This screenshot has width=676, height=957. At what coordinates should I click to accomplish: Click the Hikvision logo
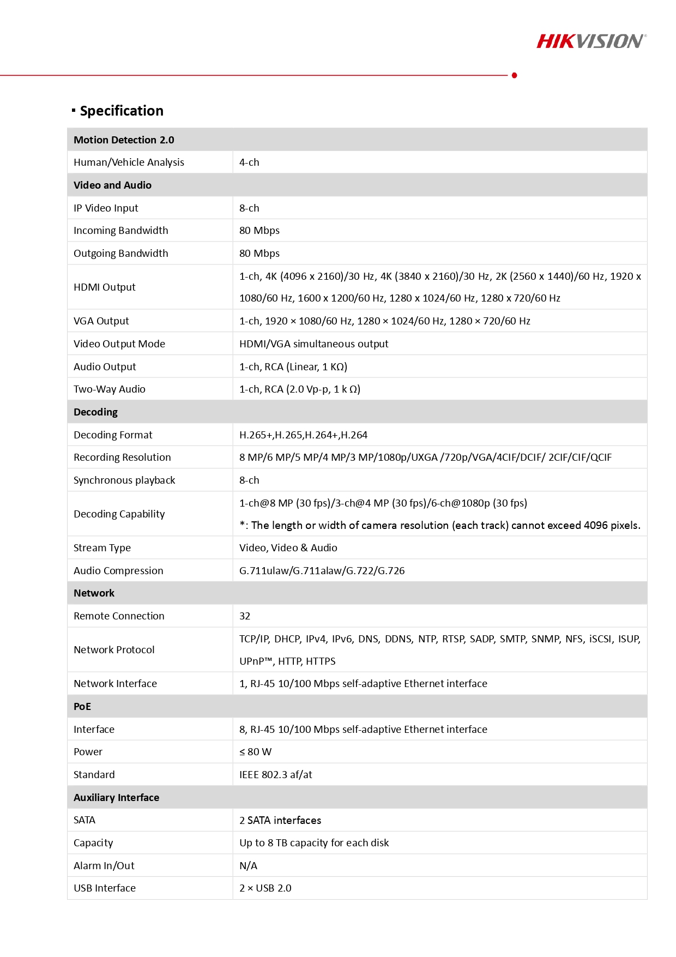point(591,41)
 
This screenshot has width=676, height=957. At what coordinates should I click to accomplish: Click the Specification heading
point(121,111)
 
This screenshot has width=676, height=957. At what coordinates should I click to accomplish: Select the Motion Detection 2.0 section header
point(124,140)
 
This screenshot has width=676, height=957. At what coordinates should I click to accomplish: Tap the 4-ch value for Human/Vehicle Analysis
point(249,162)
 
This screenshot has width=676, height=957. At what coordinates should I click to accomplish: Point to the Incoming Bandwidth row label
point(120,231)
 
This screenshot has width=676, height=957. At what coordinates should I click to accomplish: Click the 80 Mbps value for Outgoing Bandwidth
point(259,254)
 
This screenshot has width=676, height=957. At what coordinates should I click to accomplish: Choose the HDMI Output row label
point(104,287)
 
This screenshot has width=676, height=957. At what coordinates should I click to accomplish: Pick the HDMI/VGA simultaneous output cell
point(313,344)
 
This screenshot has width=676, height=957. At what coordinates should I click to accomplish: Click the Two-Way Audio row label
point(109,389)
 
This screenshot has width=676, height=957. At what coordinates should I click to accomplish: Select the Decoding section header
point(95,412)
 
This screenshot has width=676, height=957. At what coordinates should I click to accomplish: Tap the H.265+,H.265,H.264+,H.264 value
point(303,435)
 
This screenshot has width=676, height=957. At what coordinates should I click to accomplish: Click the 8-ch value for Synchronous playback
point(249,480)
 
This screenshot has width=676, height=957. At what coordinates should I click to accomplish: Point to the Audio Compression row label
point(118,571)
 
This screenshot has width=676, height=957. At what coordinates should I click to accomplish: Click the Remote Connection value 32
point(245,616)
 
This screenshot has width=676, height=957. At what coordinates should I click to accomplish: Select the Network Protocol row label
point(114,650)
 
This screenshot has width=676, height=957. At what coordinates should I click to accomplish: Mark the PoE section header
point(82,707)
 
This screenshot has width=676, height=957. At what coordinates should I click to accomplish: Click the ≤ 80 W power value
point(255,752)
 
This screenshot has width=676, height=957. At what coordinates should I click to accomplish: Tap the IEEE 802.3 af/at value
point(275,775)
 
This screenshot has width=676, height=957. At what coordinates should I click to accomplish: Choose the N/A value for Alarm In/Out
point(248,866)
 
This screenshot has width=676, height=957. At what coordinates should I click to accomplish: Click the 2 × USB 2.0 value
point(265,888)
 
